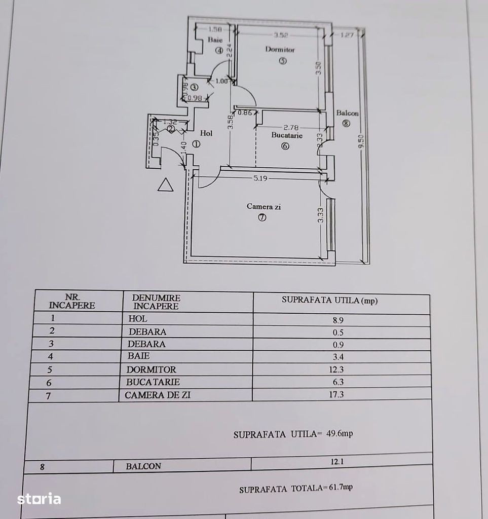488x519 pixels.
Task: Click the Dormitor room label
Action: [x=280, y=50]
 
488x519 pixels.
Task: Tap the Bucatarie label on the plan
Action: [x=287, y=135]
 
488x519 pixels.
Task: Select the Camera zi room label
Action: [x=264, y=207]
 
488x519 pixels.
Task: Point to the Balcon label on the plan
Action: [x=348, y=113]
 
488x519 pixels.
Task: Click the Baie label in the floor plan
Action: [x=215, y=40]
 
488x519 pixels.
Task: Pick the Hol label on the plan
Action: [x=206, y=133]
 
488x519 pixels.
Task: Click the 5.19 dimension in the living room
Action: [x=260, y=178]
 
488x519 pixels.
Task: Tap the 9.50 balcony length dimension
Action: [x=362, y=141]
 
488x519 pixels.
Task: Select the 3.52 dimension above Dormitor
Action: [x=281, y=35]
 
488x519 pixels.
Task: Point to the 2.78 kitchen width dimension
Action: [x=291, y=127]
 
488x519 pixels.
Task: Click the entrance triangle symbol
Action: [x=165, y=184]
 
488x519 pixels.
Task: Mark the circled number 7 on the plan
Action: [x=262, y=217]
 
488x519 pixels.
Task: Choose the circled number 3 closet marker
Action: [x=194, y=87]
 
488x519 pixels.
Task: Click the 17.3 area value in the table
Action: [x=336, y=394]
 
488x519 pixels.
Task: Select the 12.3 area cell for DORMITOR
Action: [x=336, y=369]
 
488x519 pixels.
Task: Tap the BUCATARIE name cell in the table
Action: [x=153, y=382]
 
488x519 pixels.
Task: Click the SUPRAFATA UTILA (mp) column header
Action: [x=329, y=300]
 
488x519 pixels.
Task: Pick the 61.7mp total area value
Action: [x=341, y=487]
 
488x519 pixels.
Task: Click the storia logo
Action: [x=39, y=499]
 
